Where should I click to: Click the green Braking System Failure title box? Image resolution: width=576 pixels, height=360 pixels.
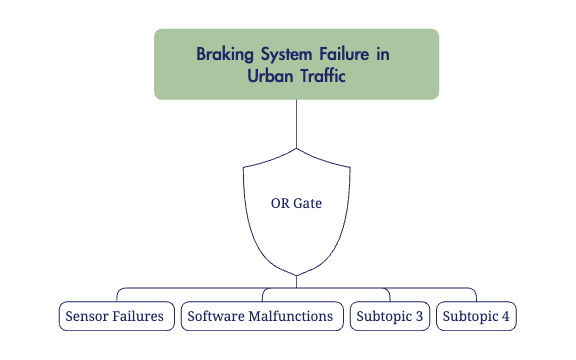coord(296,64)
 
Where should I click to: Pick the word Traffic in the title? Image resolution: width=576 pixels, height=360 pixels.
coord(322,75)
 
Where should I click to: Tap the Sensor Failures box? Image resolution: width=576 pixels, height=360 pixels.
coord(114,316)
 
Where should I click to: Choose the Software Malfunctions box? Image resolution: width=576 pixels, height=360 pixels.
coord(260,316)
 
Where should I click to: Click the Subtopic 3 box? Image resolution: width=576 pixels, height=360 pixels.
coord(390,316)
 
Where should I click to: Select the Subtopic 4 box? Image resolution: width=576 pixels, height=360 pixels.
coord(476,316)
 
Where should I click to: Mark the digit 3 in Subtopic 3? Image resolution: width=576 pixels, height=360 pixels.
coord(419,316)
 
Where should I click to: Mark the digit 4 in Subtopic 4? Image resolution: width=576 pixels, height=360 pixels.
coord(505,316)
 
